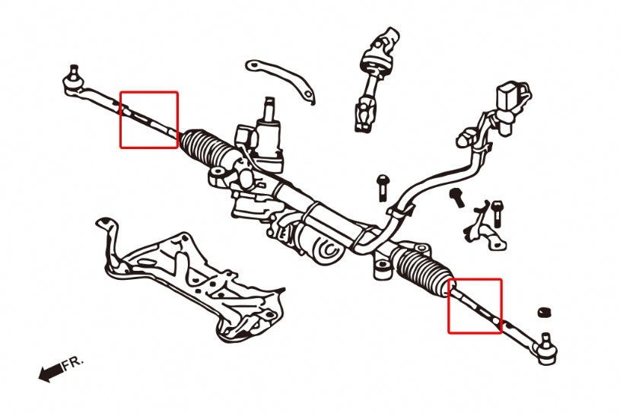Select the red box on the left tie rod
pyautogui.click(x=149, y=119)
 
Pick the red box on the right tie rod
pyautogui.click(x=475, y=306)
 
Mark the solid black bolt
pyautogui.click(x=458, y=198)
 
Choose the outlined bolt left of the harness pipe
pyautogui.click(x=382, y=187)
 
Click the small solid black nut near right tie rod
pyautogui.click(x=543, y=313)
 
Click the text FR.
pyautogui.click(x=74, y=363)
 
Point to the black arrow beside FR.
pyautogui.click(x=49, y=373)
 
